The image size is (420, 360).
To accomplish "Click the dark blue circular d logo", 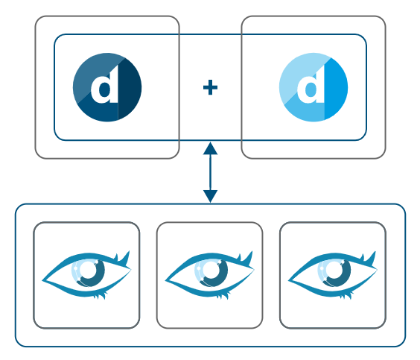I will pos(106,87).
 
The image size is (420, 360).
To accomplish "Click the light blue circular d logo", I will pos(313,87).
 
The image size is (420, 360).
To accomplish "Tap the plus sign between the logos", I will pos(210,88).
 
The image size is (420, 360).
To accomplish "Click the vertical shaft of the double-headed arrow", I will pos(210,172).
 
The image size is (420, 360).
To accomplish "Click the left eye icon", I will pos(86,275).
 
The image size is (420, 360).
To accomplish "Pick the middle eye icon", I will pos(209,275).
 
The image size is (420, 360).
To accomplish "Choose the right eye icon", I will pos(333,275).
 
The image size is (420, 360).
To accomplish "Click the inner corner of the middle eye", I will pos(167,281).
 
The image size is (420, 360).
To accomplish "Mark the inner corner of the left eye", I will pos(44,281).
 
